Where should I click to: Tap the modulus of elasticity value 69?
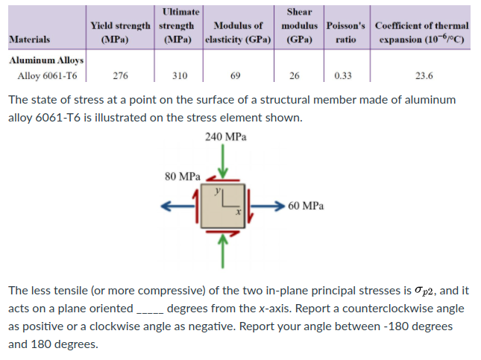coord(236,75)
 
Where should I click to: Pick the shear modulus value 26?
coord(295,75)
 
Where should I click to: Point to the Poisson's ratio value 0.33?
coord(344,75)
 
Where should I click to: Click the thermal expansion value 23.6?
coord(424,75)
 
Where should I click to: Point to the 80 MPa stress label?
coord(182,177)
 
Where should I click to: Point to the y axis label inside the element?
coord(219,191)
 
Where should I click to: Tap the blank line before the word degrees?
coord(149,309)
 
